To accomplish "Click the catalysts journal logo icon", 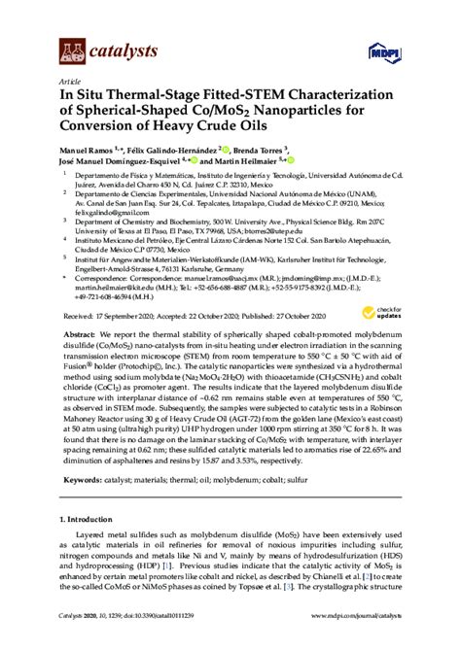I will point(71,49).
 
